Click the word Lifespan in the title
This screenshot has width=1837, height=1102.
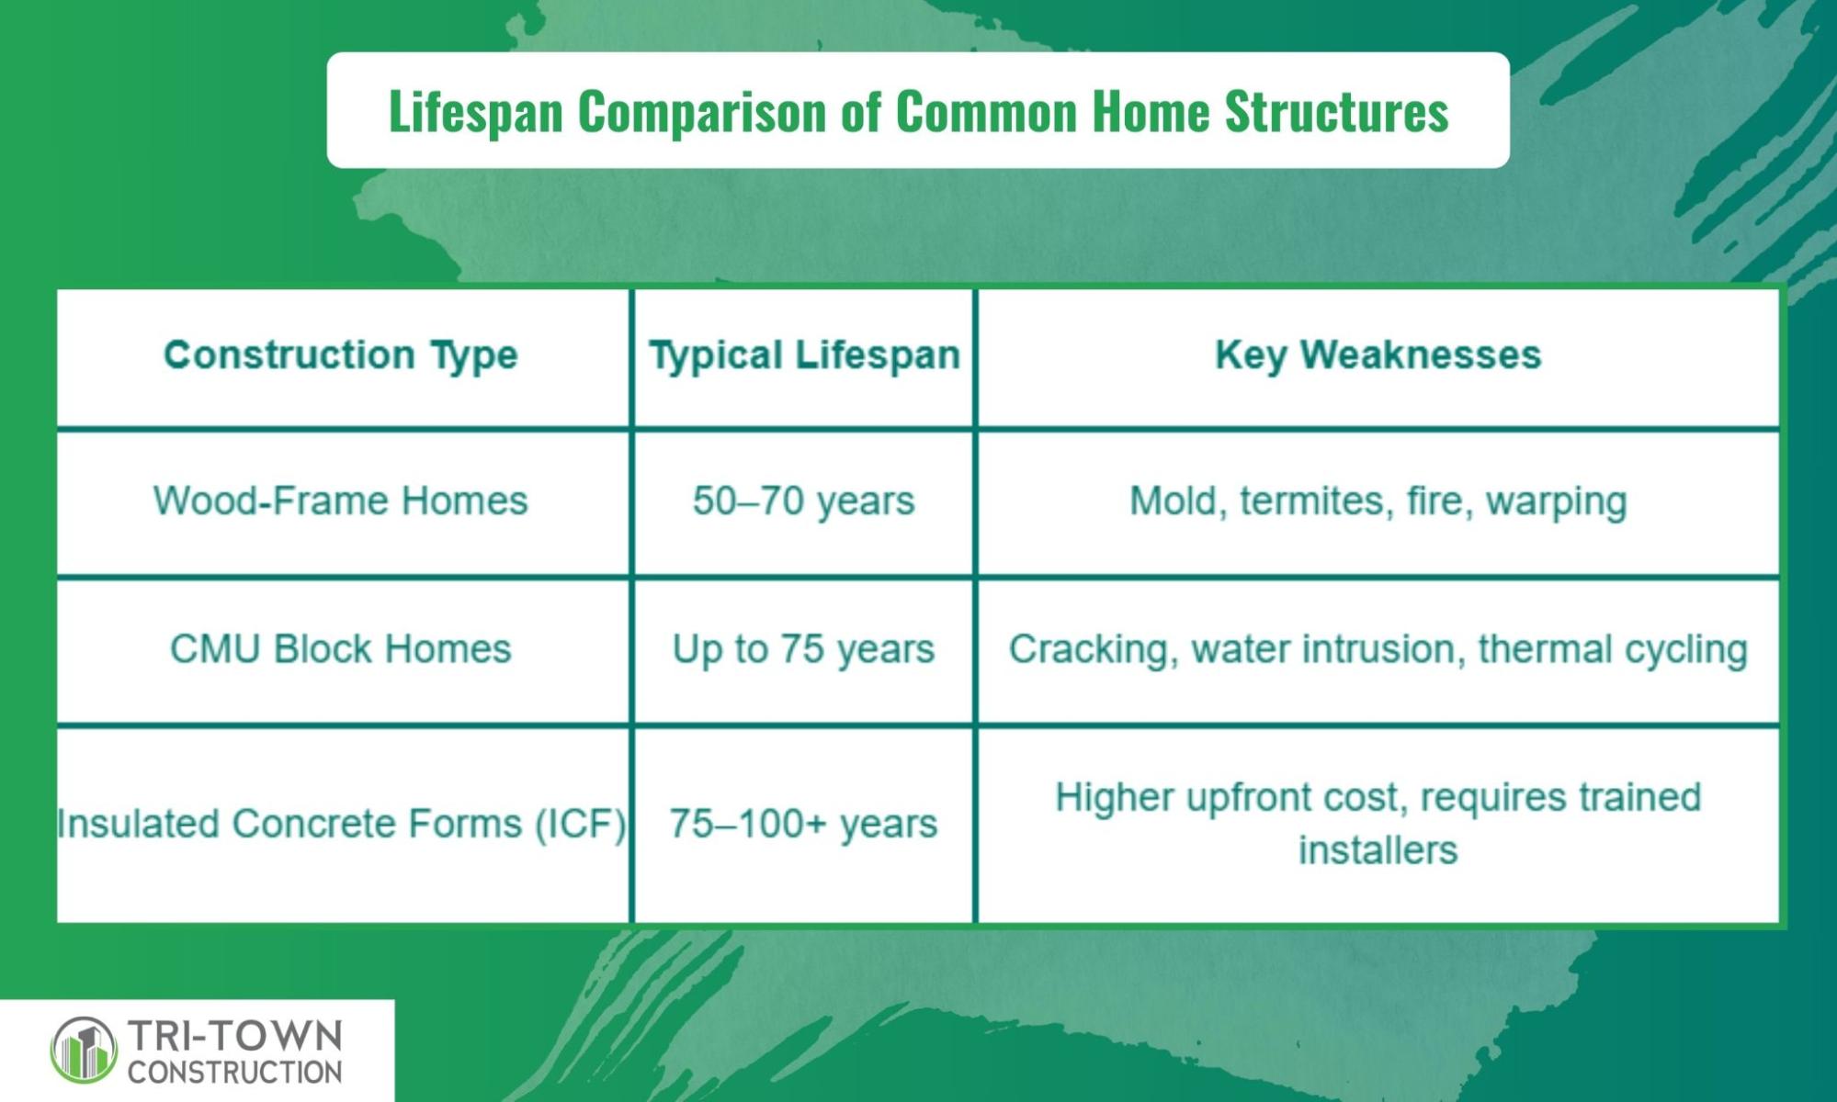[476, 112]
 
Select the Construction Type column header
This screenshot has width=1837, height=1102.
[341, 355]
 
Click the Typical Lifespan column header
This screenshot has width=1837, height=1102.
[804, 355]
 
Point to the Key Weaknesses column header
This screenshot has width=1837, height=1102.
[1378, 355]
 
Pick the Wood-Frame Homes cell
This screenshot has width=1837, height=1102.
[341, 501]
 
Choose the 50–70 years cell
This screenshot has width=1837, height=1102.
[804, 501]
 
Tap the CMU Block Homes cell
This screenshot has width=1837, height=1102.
[341, 649]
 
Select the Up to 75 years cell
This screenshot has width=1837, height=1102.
[804, 649]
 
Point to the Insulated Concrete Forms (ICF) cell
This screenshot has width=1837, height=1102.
[341, 824]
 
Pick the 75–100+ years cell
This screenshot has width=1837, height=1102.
[804, 824]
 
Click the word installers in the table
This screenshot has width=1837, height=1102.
[1378, 850]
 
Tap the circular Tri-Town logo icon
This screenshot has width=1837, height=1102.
[84, 1049]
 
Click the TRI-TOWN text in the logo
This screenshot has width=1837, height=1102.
[235, 1036]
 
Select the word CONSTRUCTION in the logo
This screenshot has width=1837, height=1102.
[235, 1072]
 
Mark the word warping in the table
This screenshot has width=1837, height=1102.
[1557, 502]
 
